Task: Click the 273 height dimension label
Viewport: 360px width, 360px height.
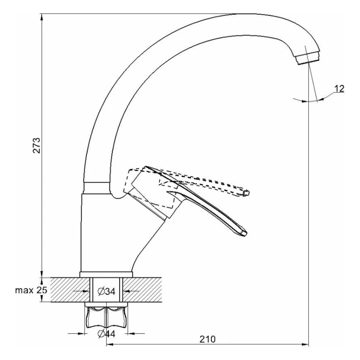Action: pos(37,145)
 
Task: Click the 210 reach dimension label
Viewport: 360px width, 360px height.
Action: pos(208,339)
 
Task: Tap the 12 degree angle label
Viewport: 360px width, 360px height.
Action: pos(339,87)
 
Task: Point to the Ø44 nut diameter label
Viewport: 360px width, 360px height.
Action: pos(106,334)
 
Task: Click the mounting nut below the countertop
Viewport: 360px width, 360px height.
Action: pos(106,317)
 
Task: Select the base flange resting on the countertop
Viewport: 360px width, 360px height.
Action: pos(106,274)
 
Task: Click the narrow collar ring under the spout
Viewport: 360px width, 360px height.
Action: pos(96,188)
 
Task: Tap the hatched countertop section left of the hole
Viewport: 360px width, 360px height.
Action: pos(68,289)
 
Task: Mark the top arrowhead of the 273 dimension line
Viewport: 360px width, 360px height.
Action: pos(42,17)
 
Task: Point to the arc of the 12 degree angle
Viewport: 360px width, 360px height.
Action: pos(306,102)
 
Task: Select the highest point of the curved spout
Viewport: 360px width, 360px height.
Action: pos(245,15)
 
